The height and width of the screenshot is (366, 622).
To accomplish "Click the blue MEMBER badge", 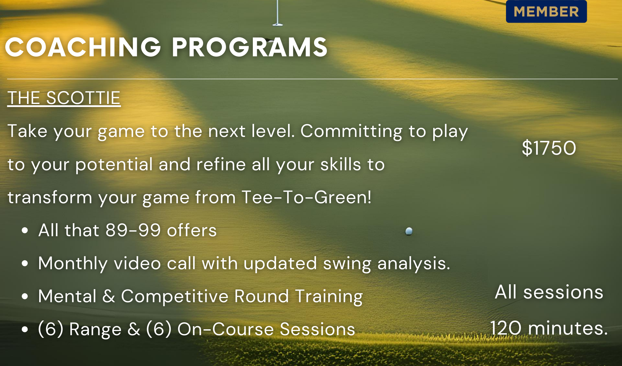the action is click(546, 12).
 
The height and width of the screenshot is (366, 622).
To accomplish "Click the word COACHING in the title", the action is click(83, 47).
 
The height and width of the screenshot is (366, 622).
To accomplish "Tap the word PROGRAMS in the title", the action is click(250, 47).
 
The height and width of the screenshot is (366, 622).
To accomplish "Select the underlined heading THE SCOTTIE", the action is click(64, 98).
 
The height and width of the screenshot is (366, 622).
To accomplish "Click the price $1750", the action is click(549, 148).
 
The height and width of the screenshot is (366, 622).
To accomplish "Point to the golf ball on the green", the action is click(409, 231).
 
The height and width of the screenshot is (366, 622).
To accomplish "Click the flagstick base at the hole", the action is click(277, 24).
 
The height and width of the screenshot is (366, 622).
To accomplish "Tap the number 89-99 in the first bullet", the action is click(133, 230).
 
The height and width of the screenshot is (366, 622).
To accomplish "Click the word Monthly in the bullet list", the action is click(73, 264).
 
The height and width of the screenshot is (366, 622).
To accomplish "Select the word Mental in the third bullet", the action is click(67, 296).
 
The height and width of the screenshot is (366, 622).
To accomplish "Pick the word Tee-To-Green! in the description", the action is click(306, 197).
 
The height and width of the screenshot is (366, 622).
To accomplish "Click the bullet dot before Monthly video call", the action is click(25, 264).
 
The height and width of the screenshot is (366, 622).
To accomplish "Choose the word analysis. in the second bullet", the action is click(414, 264).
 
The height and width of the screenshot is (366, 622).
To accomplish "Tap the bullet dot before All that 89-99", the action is click(25, 231).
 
